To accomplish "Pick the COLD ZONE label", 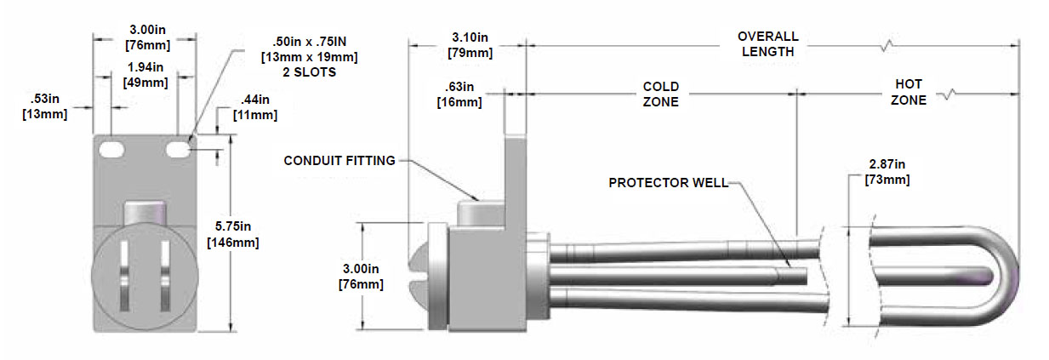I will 660,94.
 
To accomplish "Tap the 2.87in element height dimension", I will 887,172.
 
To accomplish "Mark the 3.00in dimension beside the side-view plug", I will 359,276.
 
